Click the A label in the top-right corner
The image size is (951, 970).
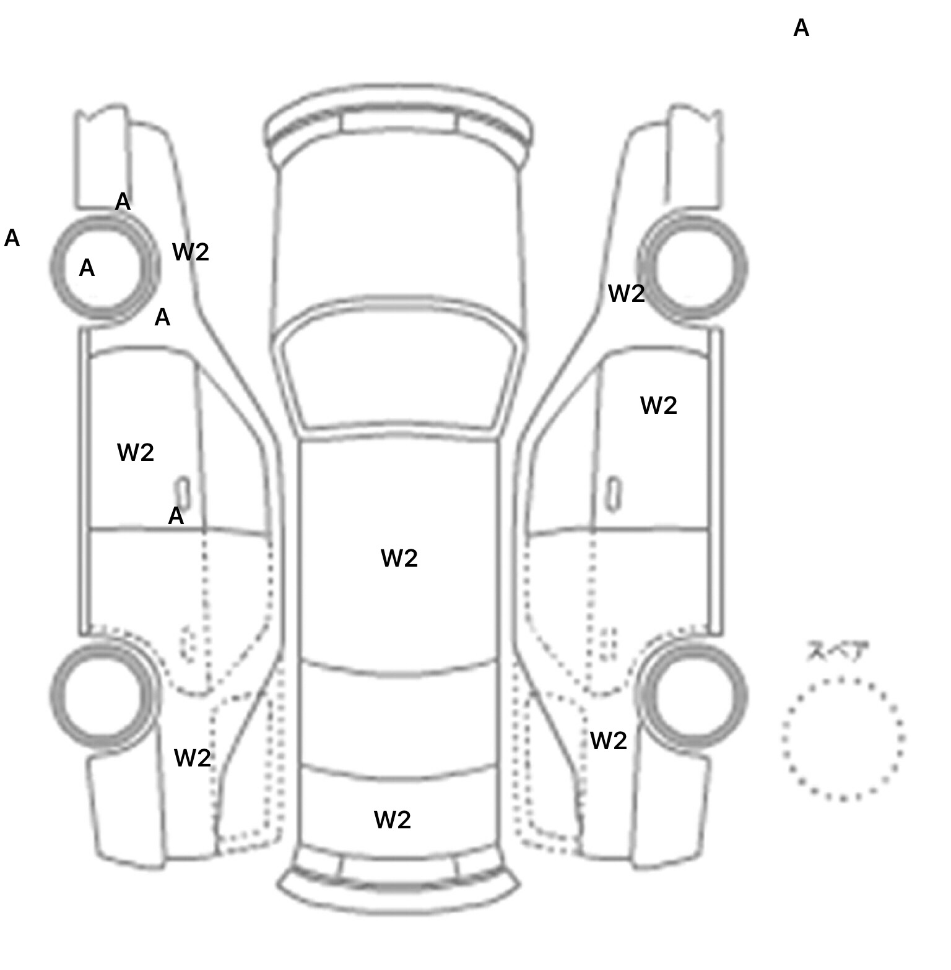801,28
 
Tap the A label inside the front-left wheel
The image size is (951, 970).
87,268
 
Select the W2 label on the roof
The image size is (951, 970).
399,558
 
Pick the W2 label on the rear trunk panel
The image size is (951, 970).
393,820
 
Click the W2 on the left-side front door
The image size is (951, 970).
136,453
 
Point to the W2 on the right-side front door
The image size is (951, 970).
659,406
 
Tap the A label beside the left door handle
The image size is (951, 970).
176,516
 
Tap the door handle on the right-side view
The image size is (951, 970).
614,494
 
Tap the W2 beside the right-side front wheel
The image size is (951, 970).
627,294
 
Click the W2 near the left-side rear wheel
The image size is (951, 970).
193,758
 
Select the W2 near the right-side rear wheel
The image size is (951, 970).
609,740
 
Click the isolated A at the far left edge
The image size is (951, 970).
12,238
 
